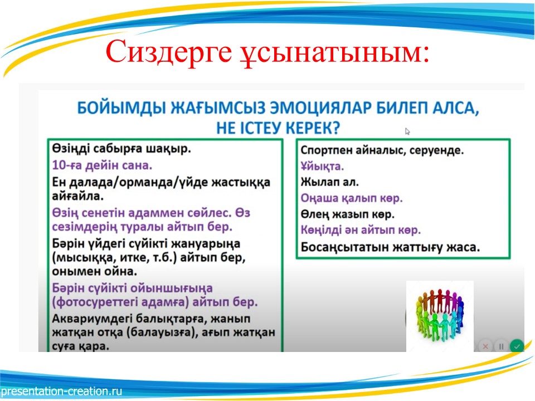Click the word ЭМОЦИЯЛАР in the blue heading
[x=320, y=108]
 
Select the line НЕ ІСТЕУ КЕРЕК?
[x=278, y=128]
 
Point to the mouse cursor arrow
[x=407, y=131]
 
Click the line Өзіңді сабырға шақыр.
[x=121, y=149]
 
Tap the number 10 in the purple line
[x=59, y=165]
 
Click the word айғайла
[x=77, y=196]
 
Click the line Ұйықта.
[x=322, y=166]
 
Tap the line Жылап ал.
[x=329, y=182]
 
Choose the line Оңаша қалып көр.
[x=352, y=198]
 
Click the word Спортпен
[x=327, y=150]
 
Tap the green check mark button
[x=517, y=346]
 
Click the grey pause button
[x=501, y=346]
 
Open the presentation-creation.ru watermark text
[x=61, y=391]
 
